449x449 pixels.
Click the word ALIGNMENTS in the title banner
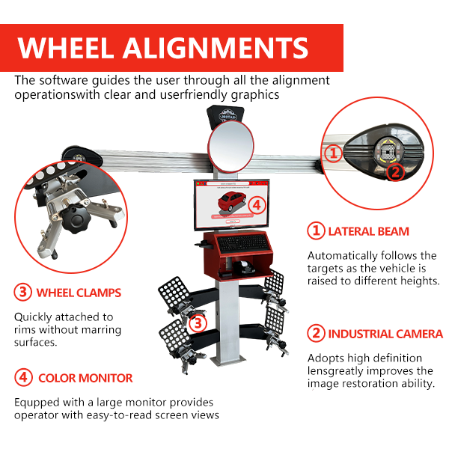tap(224, 47)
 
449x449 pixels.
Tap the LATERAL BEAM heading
tap(367, 231)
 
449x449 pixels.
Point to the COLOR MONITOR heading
tap(85, 378)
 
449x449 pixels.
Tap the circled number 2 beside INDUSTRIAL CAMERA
tap(317, 334)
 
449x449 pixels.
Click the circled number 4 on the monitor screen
tap(256, 203)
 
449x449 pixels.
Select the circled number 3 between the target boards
tap(197, 323)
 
